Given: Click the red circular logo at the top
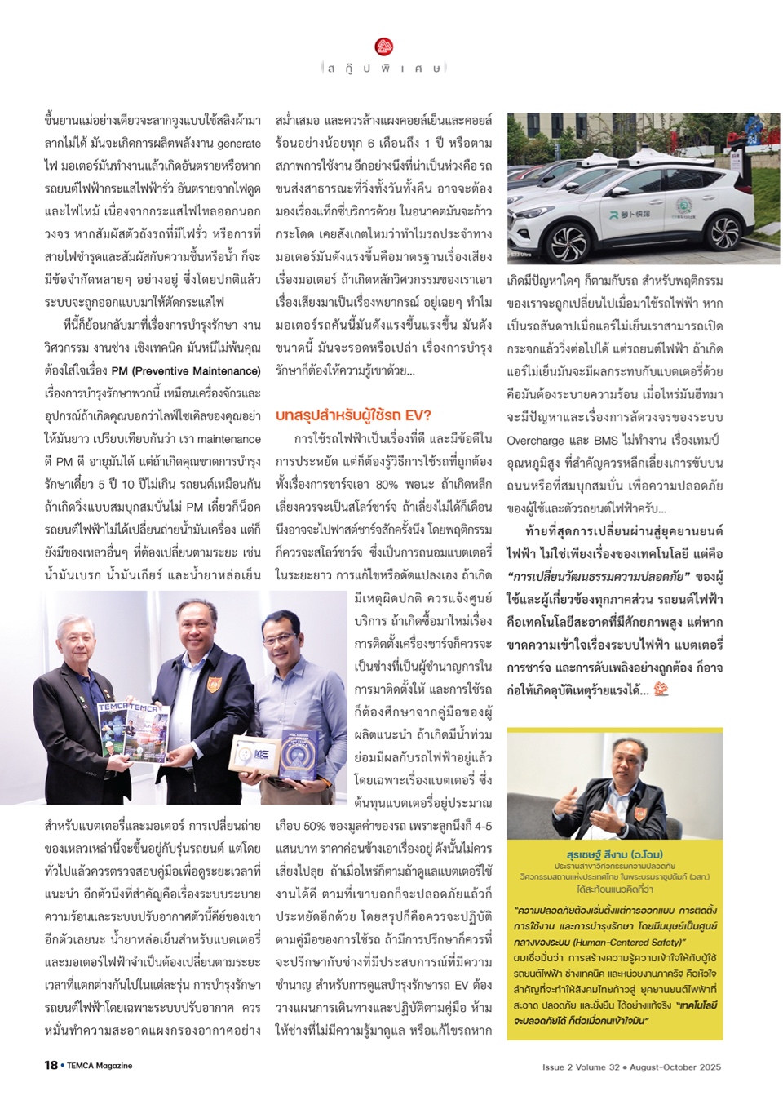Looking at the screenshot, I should pyautogui.click(x=384, y=47).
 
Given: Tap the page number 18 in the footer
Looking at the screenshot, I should pyautogui.click(x=51, y=1065).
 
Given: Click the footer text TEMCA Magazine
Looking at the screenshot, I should pyautogui.click(x=100, y=1066).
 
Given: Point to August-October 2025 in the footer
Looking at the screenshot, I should pyautogui.click(x=675, y=1067).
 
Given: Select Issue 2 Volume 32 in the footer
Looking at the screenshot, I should pyautogui.click(x=581, y=1067).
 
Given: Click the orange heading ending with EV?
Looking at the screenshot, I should pyautogui.click(x=353, y=415).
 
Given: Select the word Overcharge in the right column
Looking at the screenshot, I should pyautogui.click(x=535, y=441).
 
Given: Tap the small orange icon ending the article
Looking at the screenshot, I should pyautogui.click(x=661, y=689).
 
